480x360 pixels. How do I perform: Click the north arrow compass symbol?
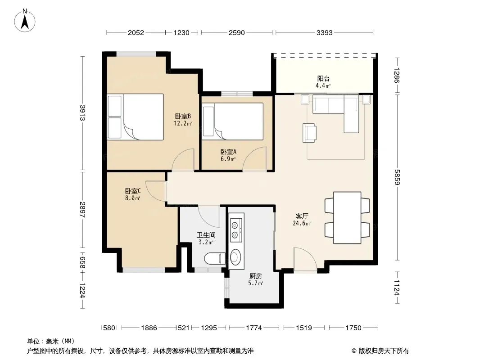tap(25, 21)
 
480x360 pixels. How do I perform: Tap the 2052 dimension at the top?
tap(136, 33)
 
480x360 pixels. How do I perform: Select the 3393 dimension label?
tap(325, 33)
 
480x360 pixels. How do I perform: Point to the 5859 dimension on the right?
tap(397, 177)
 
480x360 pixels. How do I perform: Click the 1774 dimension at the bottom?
tap(254, 328)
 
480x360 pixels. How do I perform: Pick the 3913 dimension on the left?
tap(82, 113)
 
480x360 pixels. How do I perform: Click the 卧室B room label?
tap(183, 116)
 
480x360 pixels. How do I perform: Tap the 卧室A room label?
tap(228, 152)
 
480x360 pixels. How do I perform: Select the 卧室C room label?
tap(133, 191)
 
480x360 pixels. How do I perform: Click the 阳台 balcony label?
tap(323, 79)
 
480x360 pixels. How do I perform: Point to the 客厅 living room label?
tap(302, 216)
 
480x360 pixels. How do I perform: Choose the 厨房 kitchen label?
tap(256, 276)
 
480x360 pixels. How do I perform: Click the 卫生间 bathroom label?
tap(206, 235)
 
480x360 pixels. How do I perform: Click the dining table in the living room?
tap(347, 218)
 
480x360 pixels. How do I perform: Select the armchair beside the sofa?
tap(309, 133)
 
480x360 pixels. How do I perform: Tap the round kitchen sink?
tap(235, 257)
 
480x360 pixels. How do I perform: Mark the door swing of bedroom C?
tap(155, 191)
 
